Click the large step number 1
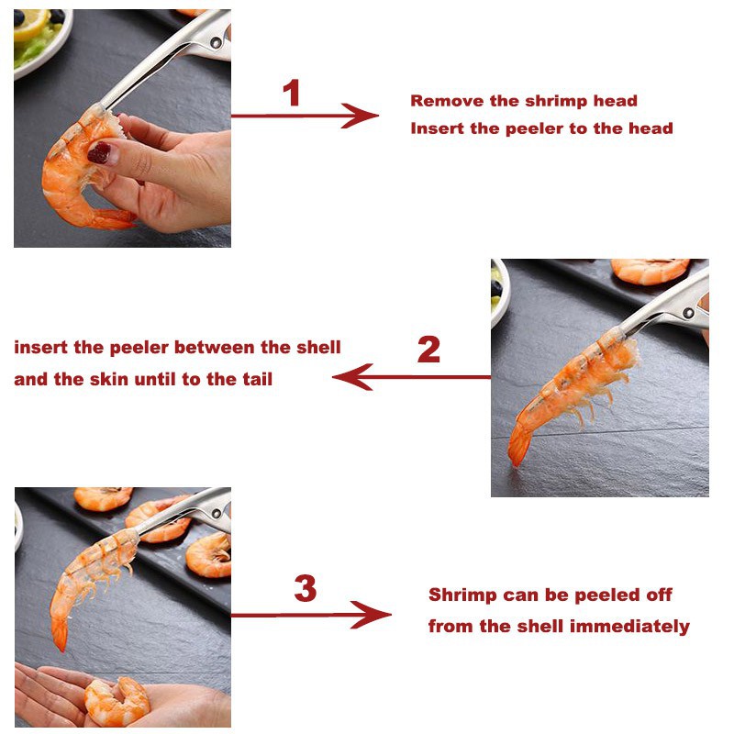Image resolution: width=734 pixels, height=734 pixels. click(292, 93)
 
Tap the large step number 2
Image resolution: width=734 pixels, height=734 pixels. click(428, 350)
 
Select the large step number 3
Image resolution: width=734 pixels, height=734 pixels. click(306, 588)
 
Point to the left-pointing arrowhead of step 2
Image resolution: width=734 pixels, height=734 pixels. click(352, 377)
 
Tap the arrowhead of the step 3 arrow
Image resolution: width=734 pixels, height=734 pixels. click(372, 615)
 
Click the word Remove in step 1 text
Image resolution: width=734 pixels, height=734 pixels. click(448, 101)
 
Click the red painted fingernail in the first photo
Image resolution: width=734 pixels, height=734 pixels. click(99, 152)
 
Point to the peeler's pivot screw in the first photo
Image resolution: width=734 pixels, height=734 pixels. click(216, 43)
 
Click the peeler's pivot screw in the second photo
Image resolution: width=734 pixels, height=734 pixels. click(687, 313)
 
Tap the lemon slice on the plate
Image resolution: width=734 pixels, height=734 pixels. click(31, 24)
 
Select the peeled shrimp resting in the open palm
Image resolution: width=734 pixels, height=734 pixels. click(117, 701)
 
